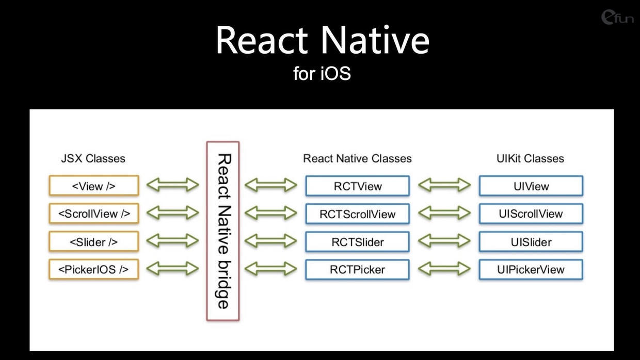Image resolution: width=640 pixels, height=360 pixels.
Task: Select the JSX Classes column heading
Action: (93, 158)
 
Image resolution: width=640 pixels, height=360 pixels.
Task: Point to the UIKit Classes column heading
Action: (530, 158)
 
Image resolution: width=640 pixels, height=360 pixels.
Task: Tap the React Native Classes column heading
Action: (357, 158)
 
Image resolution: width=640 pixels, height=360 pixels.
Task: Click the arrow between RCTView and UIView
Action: (444, 185)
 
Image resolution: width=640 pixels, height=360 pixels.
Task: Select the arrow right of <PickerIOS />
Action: (172, 269)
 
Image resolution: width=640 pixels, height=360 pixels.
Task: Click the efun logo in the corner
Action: (617, 18)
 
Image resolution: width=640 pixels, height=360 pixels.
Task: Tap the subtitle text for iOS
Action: (322, 73)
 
